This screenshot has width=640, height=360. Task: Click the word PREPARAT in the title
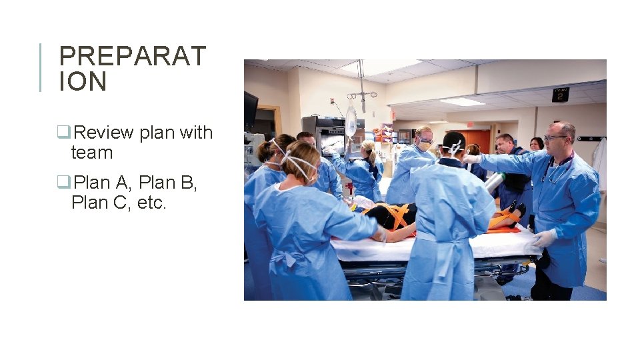pyautogui.click(x=133, y=57)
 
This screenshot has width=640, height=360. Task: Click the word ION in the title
pyautogui.click(x=83, y=82)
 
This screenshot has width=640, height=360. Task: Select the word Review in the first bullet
pyautogui.click(x=103, y=133)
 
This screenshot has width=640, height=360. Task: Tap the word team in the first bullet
pyautogui.click(x=91, y=153)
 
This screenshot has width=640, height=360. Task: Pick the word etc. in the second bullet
pyautogui.click(x=151, y=202)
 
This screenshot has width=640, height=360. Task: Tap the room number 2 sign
pyautogui.click(x=560, y=94)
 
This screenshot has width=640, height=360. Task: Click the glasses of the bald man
pyautogui.click(x=555, y=137)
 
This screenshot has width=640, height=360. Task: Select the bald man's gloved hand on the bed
pyautogui.click(x=543, y=239)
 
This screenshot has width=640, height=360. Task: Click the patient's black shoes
pyautogui.click(x=515, y=211)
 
